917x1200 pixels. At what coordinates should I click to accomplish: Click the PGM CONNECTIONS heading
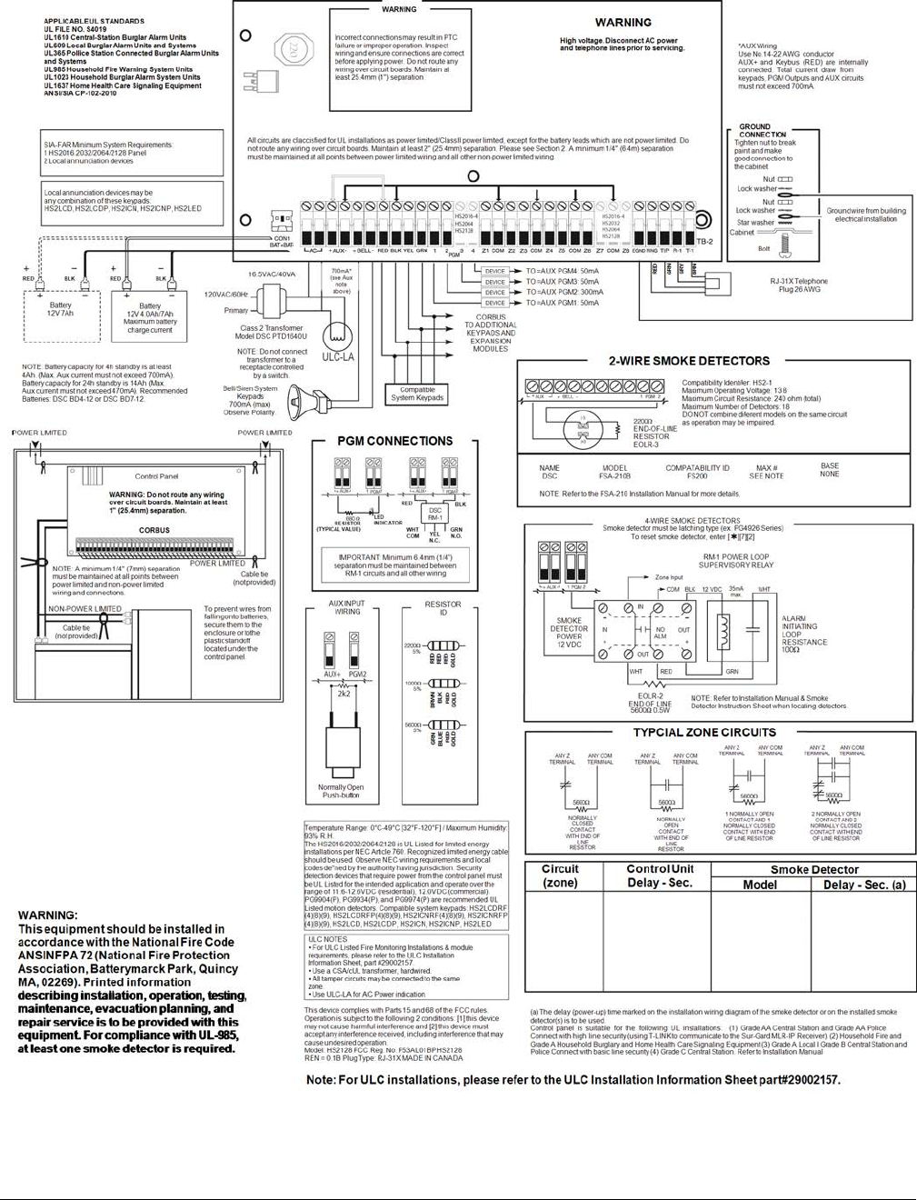pos(394,441)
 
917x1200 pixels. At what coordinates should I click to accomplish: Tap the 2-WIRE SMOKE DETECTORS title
pos(689,361)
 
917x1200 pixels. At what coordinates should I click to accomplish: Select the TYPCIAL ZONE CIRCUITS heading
pos(704,733)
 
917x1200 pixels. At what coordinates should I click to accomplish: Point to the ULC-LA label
pos(338,357)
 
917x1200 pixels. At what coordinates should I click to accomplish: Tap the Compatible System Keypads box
pos(417,394)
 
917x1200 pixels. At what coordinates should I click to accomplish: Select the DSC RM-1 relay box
pos(435,514)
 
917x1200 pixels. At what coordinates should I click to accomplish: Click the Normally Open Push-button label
pos(341,791)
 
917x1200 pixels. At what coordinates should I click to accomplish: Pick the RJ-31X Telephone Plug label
pos(799,285)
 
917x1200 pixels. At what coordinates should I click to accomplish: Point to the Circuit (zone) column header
pos(560,875)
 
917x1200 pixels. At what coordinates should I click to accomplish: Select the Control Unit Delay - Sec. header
pos(660,875)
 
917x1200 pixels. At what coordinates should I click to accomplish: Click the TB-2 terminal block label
pos(705,241)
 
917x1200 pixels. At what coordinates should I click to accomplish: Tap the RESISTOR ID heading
pos(443,608)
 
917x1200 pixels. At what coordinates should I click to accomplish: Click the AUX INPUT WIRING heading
pos(346,607)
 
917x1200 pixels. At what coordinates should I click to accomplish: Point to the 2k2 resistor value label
pos(344,693)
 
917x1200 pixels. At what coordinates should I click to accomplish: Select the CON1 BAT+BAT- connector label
pos(281,242)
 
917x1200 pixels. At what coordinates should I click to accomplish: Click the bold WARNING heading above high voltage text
pos(623,23)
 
